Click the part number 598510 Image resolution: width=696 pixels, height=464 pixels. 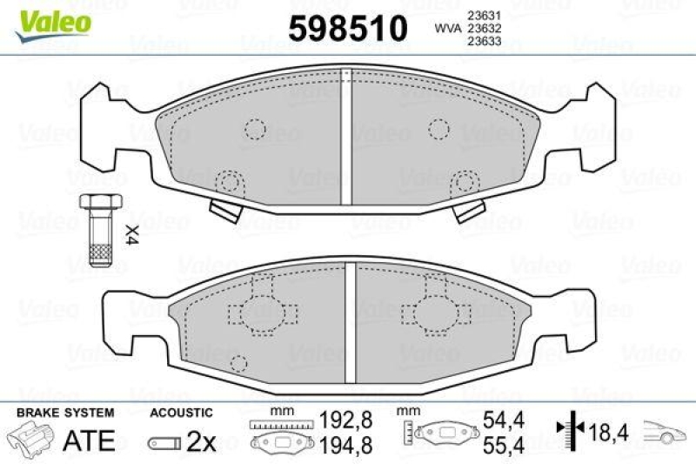(x=347, y=29)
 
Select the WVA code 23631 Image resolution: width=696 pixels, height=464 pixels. (x=480, y=15)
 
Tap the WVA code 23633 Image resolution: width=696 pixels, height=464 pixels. (x=480, y=38)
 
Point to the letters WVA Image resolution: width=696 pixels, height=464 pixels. (x=448, y=27)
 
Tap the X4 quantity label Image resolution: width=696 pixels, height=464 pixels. (x=131, y=234)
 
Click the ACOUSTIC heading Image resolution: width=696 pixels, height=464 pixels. (x=181, y=412)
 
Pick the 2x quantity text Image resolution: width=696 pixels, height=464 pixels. (x=201, y=441)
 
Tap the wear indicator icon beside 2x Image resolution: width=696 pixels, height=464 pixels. (x=164, y=442)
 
